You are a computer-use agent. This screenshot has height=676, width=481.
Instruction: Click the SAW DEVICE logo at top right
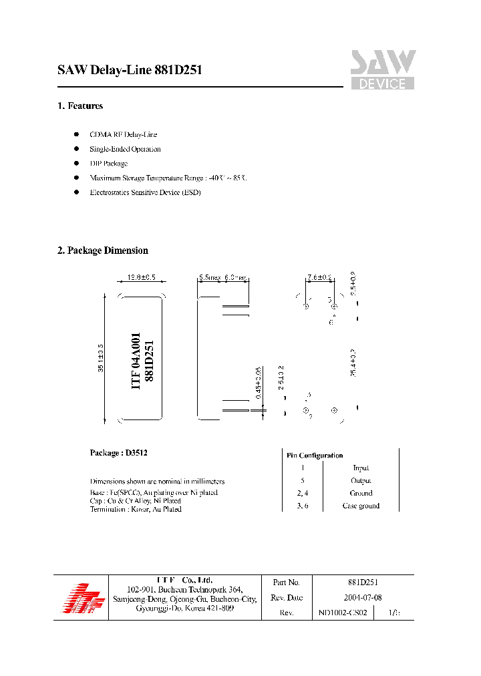click(383, 70)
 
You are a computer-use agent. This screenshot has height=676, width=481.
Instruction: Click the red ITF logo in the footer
click(80, 597)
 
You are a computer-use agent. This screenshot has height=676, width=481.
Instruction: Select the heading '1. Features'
click(80, 106)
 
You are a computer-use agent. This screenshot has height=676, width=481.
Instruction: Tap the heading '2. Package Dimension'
click(103, 250)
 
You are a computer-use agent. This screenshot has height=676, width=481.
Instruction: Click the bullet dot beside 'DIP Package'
click(76, 164)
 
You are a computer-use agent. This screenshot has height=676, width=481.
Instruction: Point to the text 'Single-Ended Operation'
click(125, 149)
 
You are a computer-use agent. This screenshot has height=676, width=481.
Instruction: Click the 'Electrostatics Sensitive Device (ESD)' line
click(145, 192)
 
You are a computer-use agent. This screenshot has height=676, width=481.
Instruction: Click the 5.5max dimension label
click(210, 277)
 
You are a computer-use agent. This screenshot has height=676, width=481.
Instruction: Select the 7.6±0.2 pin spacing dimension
click(319, 277)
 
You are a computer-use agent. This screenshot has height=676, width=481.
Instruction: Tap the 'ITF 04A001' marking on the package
click(136, 361)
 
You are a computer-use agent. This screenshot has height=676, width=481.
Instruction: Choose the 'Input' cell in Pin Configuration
click(361, 468)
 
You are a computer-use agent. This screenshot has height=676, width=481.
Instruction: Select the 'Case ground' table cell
click(361, 506)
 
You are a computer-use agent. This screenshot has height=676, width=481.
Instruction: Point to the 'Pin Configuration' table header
click(315, 456)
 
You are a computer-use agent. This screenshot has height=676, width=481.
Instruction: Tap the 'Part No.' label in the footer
click(286, 582)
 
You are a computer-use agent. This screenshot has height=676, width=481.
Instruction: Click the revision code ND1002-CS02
click(343, 613)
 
